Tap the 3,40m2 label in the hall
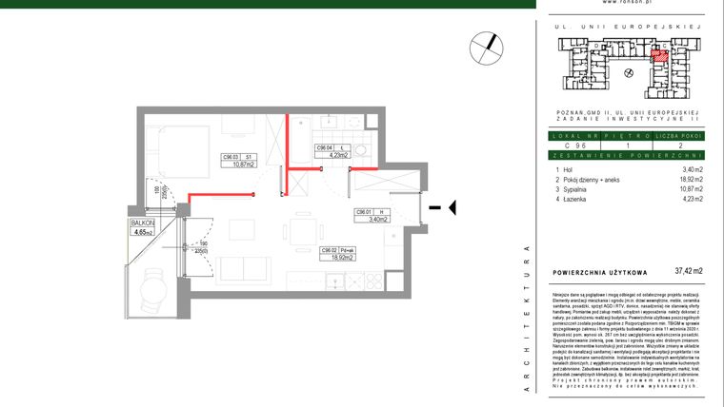tap(369, 220)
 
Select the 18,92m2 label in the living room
tap(341, 257)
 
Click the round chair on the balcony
tap(152, 282)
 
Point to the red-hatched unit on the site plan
tap(658, 56)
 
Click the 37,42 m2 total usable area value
tap(688, 271)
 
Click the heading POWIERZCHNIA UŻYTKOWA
tap(600, 272)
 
